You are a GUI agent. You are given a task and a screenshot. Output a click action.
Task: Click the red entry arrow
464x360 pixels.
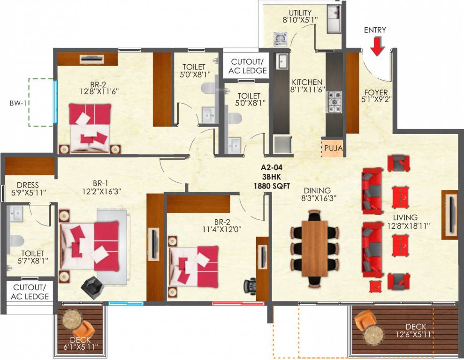pyautogui.click(x=378, y=45)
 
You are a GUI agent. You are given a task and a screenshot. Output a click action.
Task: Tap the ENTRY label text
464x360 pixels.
pyautogui.click(x=375, y=30)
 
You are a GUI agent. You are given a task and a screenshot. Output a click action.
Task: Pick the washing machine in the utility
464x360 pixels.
pyautogui.click(x=281, y=38)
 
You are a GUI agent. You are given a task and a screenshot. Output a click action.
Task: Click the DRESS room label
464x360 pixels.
pyautogui.click(x=27, y=185)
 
